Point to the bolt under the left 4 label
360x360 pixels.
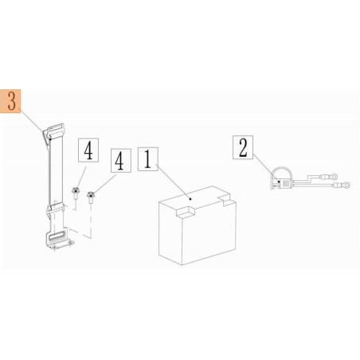(x=75, y=191)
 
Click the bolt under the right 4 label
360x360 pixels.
(x=92, y=195)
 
